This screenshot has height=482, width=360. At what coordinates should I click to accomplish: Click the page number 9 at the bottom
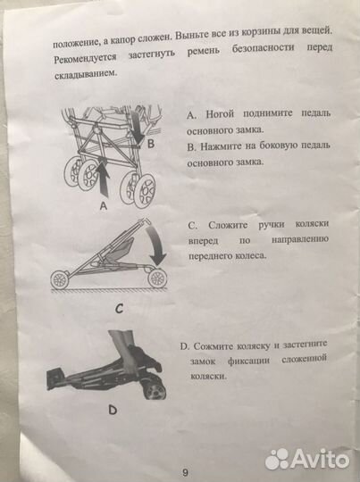(x=185, y=471)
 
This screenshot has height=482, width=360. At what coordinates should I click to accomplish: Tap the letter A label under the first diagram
(x=103, y=204)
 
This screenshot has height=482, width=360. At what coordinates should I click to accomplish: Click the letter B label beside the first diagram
(x=151, y=142)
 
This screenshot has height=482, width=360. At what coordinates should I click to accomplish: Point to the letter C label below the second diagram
(x=119, y=310)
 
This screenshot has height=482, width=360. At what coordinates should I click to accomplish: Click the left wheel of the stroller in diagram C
(x=62, y=279)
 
